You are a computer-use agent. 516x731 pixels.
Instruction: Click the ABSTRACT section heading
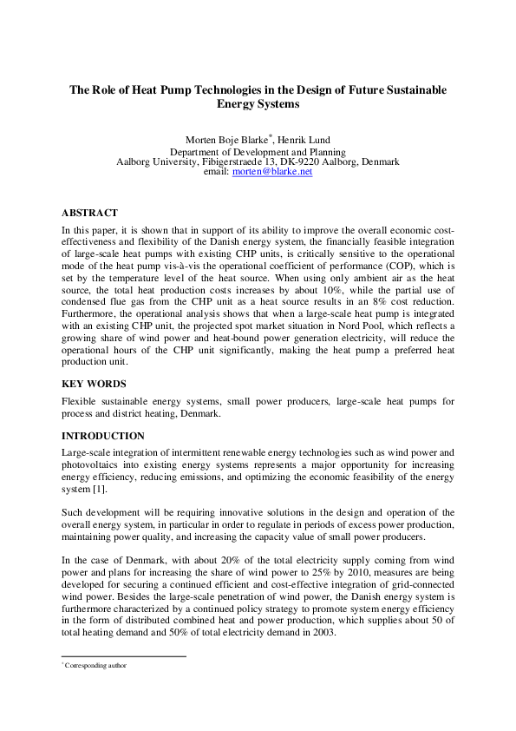click(x=89, y=213)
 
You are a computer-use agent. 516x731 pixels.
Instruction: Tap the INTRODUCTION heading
click(x=103, y=436)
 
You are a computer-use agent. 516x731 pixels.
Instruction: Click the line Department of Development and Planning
click(x=258, y=151)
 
